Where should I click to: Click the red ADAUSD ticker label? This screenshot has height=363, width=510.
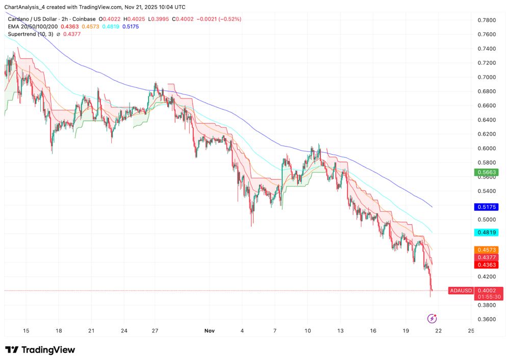(460, 291)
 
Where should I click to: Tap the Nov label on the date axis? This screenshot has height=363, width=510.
(209, 331)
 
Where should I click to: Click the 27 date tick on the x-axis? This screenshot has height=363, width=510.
(156, 331)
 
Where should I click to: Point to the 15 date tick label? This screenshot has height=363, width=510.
(26, 331)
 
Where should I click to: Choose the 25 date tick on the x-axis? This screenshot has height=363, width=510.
(471, 331)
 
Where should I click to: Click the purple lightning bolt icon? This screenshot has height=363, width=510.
(432, 319)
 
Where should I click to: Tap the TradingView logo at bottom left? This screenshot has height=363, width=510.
(40, 350)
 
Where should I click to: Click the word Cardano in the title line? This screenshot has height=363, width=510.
(18, 19)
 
